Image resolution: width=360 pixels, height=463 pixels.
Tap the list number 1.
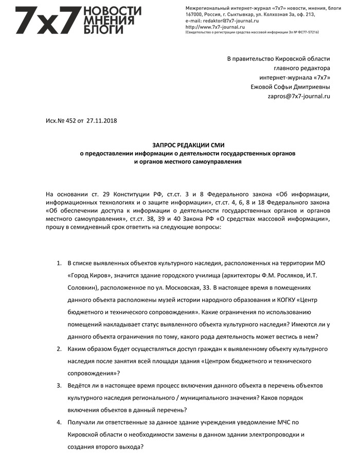(x=59, y=263)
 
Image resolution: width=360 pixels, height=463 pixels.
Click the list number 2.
(x=59, y=349)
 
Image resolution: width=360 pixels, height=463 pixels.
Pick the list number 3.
(x=59, y=385)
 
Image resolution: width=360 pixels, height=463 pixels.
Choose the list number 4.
(x=59, y=422)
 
